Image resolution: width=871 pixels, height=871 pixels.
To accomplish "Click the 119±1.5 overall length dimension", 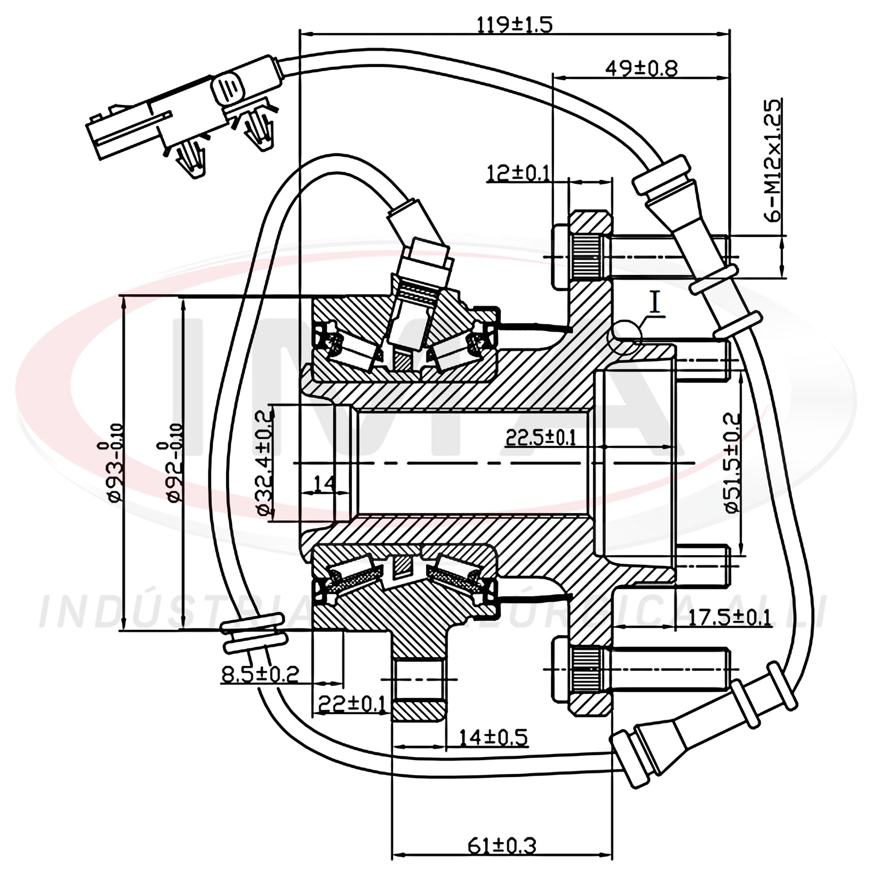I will coord(514,25).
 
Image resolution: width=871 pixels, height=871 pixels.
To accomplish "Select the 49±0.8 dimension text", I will coord(640,68).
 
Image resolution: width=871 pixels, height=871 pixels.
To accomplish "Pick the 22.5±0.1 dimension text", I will coord(540,438).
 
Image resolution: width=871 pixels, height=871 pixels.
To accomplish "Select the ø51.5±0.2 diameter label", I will coord(732,462).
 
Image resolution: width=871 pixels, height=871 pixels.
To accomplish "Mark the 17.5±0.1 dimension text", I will coord(729,618).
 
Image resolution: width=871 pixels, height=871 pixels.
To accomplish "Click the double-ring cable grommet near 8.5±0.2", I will coord(253,634).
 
